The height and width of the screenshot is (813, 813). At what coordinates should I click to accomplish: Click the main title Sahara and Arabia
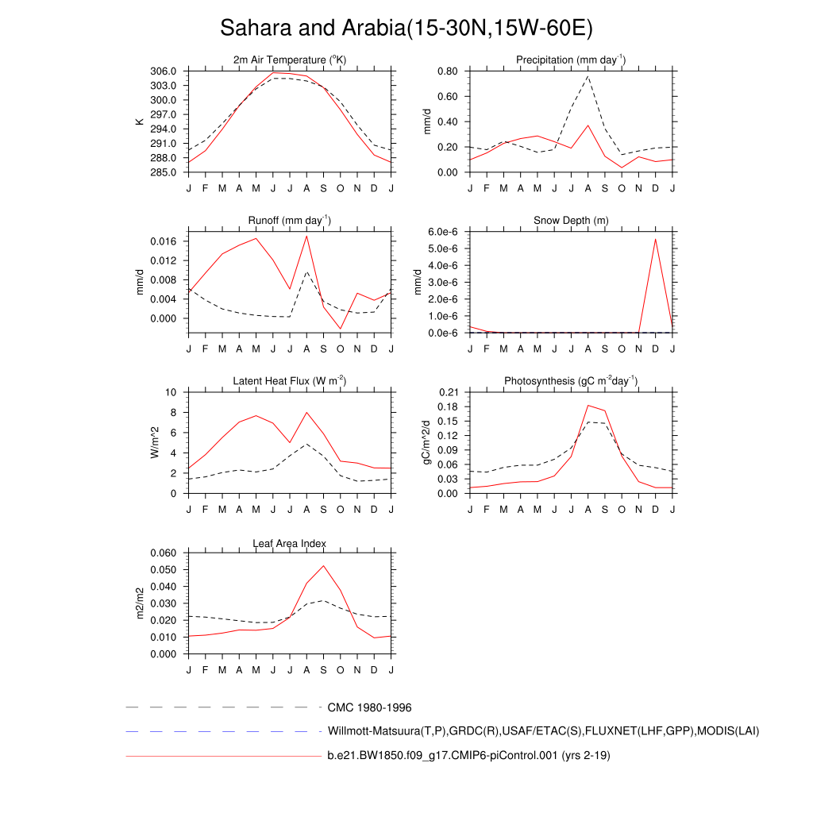point(406,29)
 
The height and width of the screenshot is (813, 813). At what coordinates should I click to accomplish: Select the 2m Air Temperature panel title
point(290,60)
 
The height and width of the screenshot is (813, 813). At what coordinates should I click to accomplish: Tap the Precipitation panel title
point(571,60)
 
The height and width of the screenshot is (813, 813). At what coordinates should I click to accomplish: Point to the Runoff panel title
point(290,220)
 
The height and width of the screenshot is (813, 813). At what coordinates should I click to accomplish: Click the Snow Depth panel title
point(571,220)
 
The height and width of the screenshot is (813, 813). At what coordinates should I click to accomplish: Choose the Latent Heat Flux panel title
point(290,381)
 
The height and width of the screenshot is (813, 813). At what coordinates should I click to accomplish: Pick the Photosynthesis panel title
point(571,381)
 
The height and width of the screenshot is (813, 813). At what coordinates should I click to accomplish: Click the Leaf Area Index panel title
point(290,543)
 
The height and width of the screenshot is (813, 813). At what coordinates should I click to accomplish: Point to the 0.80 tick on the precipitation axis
point(447,71)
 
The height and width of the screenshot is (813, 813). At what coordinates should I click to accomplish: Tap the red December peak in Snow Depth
point(655,239)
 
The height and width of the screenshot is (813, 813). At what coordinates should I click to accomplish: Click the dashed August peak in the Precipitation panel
point(588,76)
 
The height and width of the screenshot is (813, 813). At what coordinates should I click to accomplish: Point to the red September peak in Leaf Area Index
point(323,566)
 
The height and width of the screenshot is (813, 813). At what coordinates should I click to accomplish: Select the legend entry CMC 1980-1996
point(369,707)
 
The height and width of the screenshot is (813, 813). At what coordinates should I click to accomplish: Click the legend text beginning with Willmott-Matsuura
point(543,731)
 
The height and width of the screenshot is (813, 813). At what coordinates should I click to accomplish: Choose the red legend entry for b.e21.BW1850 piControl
point(468,756)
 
